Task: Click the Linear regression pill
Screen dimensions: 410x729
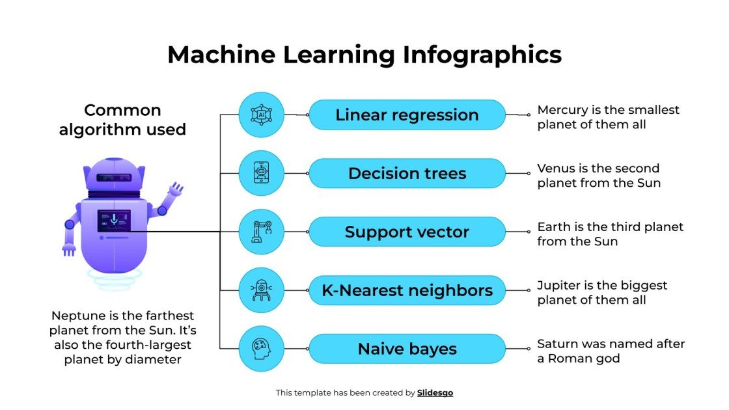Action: point(407,115)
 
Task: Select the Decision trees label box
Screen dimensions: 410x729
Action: point(407,174)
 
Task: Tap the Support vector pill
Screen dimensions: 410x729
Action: point(407,232)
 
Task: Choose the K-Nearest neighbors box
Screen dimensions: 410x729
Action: point(407,290)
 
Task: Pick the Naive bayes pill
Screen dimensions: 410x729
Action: point(407,349)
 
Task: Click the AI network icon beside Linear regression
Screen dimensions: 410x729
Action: point(262,115)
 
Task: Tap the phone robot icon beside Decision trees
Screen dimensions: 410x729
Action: point(262,173)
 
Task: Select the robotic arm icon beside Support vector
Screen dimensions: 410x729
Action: point(262,232)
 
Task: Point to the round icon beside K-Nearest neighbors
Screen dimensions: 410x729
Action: point(262,290)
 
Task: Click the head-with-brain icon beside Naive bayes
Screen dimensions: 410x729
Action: point(262,349)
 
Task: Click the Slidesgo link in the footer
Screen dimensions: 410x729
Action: point(435,393)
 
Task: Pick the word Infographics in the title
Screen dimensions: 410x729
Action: point(482,55)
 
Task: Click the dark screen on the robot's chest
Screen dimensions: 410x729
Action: point(114,221)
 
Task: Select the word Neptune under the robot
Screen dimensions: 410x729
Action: point(76,316)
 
